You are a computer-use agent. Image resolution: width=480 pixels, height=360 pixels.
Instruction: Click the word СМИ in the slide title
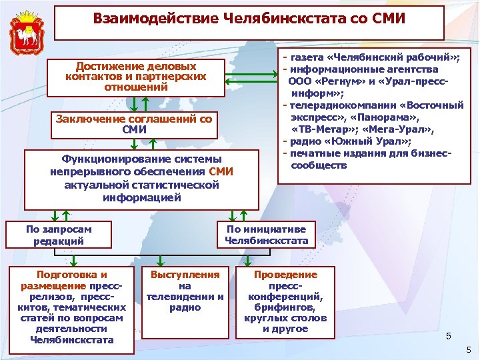[x=385, y=19]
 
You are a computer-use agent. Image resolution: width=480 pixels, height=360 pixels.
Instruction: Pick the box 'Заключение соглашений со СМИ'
[x=135, y=123]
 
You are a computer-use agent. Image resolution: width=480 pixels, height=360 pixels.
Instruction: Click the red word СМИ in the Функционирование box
[x=221, y=172]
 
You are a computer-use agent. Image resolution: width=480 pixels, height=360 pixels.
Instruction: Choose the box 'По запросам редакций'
[x=59, y=235]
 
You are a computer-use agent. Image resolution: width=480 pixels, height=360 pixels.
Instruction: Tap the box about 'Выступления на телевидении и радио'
[x=185, y=291]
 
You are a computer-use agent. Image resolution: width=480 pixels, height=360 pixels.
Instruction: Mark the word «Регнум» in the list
[x=338, y=81]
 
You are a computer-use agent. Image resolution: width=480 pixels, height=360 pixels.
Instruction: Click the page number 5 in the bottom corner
[x=469, y=349]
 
